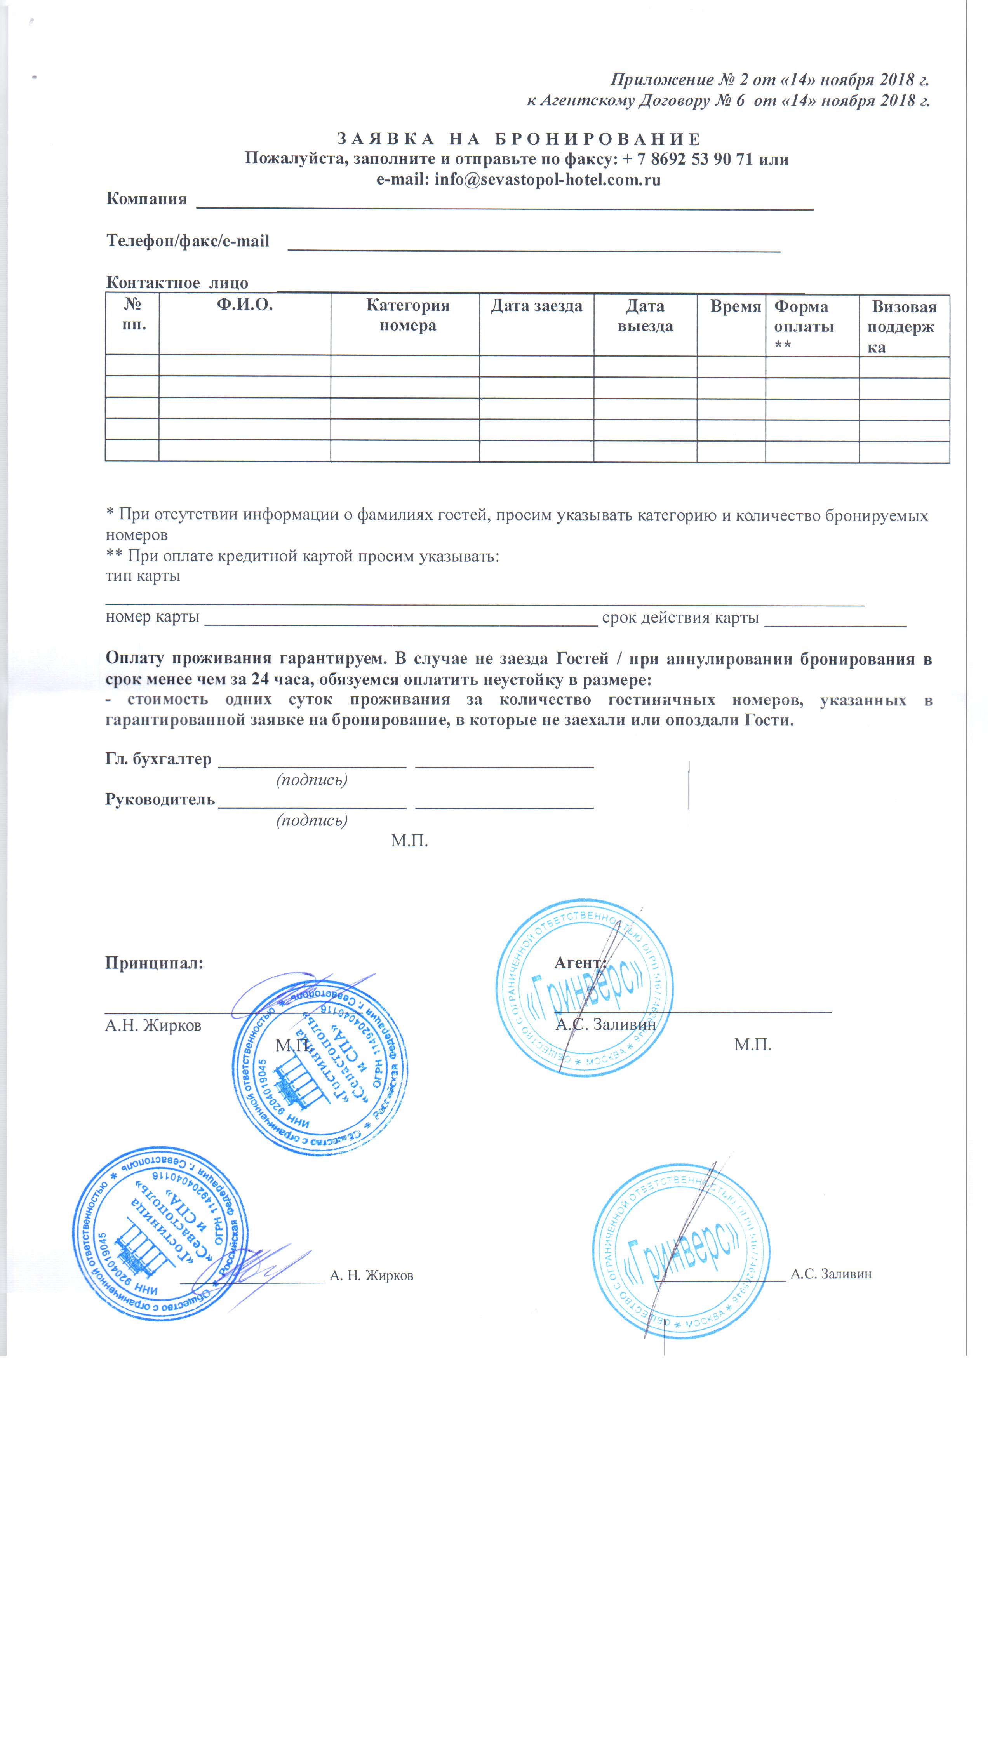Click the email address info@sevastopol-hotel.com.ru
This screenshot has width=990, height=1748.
coord(547,180)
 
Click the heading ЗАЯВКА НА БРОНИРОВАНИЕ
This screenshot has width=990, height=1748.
coord(519,139)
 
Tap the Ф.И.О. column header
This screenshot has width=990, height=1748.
coord(245,305)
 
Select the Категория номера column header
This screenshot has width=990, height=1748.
coord(407,315)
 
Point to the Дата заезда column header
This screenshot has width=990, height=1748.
coord(536,306)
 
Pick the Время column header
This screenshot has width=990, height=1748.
coord(735,306)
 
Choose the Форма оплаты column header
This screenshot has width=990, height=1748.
coord(804,326)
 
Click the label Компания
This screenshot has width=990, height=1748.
coord(146,199)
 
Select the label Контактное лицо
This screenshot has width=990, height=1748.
coord(177,283)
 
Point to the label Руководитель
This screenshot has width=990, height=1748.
coord(160,799)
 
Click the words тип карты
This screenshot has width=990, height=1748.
coord(143,576)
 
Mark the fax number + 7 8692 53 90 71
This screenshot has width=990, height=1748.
coord(687,160)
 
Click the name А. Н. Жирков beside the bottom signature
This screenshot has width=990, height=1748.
coord(371,1276)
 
